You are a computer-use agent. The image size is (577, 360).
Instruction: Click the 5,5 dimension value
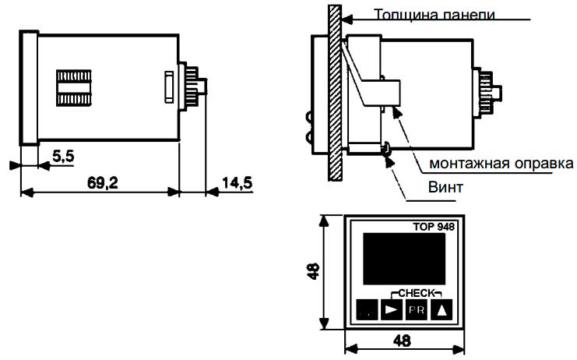click(63, 157)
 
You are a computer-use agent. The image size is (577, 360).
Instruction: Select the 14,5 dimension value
click(237, 183)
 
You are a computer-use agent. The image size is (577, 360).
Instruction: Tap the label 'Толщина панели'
click(433, 14)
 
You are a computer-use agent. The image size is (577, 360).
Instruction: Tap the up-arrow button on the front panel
click(442, 310)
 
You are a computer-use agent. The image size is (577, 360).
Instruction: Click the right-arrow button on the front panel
click(391, 310)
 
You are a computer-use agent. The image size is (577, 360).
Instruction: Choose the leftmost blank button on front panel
click(366, 310)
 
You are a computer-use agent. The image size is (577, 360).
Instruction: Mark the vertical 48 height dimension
click(313, 272)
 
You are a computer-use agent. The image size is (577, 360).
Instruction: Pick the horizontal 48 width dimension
click(403, 341)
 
